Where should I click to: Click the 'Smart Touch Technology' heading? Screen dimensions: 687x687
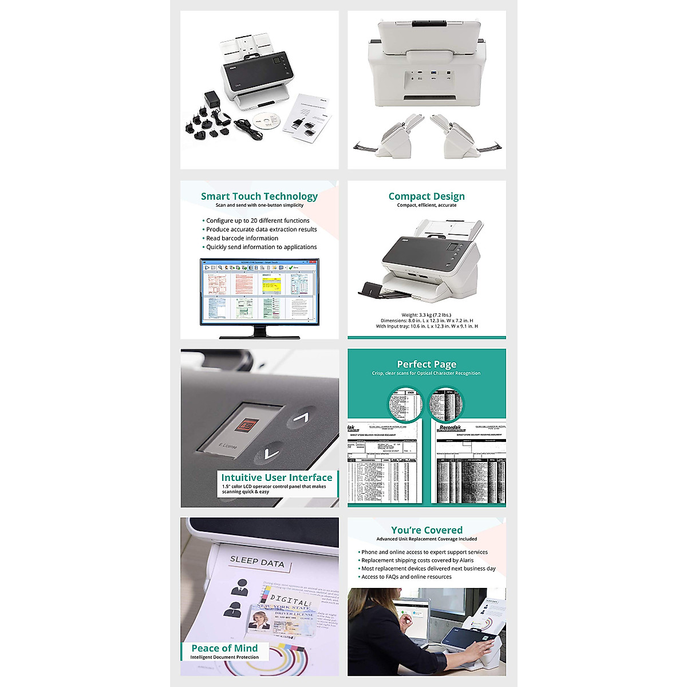[259, 196]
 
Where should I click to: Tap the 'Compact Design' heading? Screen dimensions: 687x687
[427, 196]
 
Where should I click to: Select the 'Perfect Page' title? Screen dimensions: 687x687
[427, 364]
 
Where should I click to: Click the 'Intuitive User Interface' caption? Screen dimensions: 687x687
[277, 477]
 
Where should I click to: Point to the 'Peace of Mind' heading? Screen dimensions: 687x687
[224, 648]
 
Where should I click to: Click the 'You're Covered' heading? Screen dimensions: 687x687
[427, 530]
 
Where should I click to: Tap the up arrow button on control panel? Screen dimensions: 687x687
[301, 418]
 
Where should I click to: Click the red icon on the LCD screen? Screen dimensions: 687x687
[247, 425]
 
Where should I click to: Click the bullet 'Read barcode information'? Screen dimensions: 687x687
[242, 238]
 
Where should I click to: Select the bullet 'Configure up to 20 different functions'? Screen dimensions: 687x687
[258, 220]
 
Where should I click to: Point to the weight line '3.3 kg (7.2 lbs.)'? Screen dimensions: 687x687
[427, 315]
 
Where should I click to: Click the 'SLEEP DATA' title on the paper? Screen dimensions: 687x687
[257, 562]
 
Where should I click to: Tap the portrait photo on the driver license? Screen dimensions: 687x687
[260, 621]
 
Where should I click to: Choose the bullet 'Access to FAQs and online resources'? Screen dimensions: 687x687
[406, 577]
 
